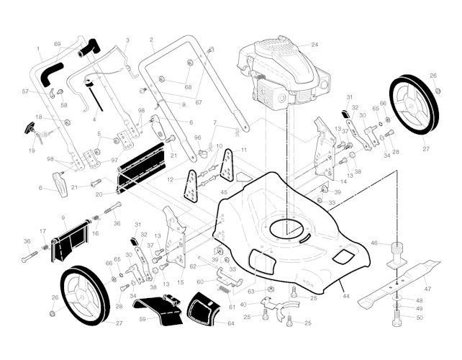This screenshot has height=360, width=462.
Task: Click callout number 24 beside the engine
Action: (x=314, y=45)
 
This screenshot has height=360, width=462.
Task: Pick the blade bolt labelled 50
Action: (x=398, y=319)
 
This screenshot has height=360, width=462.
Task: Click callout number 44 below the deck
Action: (x=346, y=295)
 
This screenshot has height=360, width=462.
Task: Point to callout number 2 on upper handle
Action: (x=151, y=40)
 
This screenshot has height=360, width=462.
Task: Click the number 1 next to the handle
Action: (x=38, y=49)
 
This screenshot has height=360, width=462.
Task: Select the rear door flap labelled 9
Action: (x=71, y=240)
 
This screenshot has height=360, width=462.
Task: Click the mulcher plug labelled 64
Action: (x=204, y=309)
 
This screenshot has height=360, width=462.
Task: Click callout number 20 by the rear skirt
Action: (x=99, y=194)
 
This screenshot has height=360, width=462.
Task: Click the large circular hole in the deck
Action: (x=286, y=228)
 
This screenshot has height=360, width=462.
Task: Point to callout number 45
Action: (x=224, y=192)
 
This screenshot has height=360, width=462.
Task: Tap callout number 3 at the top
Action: (x=127, y=40)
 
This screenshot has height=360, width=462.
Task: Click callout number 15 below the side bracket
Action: (x=181, y=282)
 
